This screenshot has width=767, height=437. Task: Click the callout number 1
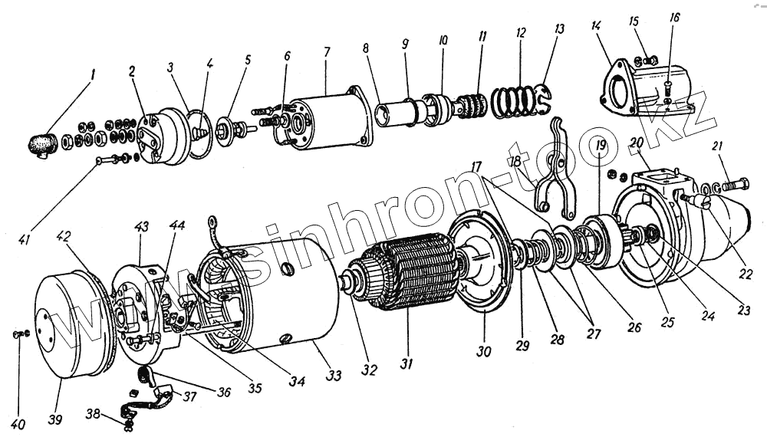(x=92, y=76)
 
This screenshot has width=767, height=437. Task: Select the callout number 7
(x=326, y=52)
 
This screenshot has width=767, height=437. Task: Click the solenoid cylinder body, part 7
(x=330, y=121)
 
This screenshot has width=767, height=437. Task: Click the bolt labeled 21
(x=735, y=184)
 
